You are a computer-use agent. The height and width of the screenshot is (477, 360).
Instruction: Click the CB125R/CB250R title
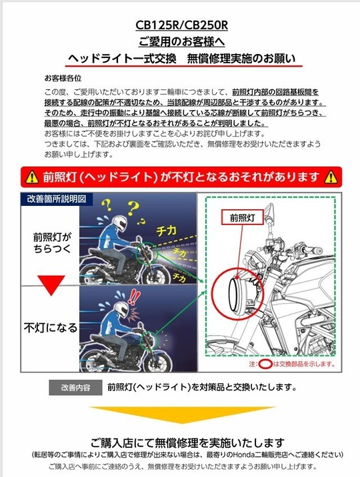[x=182, y=25]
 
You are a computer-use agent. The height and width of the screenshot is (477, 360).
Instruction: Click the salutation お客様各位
[x=63, y=78]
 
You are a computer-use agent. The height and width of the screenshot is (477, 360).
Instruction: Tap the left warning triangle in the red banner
[x=32, y=177]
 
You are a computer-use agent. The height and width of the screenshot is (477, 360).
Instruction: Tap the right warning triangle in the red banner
[x=331, y=177]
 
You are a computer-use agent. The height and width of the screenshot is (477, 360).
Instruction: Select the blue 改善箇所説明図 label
[x=57, y=199]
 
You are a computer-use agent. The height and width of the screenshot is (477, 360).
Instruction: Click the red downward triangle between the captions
[x=51, y=285]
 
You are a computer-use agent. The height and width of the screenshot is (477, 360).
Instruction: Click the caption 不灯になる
[x=51, y=328]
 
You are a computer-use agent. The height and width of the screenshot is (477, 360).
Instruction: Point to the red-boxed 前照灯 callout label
[x=242, y=218]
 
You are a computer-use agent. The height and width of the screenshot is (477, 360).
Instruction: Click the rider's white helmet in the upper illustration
[x=119, y=224]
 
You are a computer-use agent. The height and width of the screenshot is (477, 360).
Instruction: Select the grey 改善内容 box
[x=75, y=388]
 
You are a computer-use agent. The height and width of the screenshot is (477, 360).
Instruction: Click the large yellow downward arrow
[x=182, y=414]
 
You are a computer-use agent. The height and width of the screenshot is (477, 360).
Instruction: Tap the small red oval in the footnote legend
[x=265, y=364]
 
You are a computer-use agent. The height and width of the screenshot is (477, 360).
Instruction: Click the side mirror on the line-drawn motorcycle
[x=269, y=210]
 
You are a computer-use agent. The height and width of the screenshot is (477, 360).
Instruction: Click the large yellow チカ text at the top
[x=166, y=231]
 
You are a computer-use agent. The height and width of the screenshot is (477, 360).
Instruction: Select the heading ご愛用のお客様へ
[x=182, y=42]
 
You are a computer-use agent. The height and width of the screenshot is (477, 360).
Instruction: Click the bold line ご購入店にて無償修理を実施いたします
[x=187, y=442]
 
